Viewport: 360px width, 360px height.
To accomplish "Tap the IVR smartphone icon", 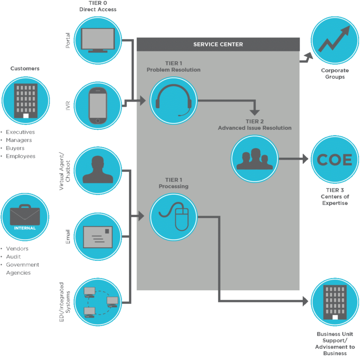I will [98, 106].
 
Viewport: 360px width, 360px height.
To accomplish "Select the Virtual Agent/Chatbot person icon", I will [98, 170].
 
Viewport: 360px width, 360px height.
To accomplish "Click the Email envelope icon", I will [98, 237].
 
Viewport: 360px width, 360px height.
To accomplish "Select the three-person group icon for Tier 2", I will [255, 159].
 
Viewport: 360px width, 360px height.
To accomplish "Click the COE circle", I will [334, 160].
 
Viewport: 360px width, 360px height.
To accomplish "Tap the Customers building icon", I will [26, 100].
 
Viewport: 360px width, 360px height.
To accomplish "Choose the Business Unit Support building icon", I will [335, 302].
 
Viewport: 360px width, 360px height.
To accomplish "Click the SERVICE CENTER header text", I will [218, 44].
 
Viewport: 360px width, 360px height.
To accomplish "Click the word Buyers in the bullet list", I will [15, 148].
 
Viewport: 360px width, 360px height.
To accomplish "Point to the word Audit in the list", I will [14, 257].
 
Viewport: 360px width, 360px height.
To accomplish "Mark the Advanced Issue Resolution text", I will [255, 128].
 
